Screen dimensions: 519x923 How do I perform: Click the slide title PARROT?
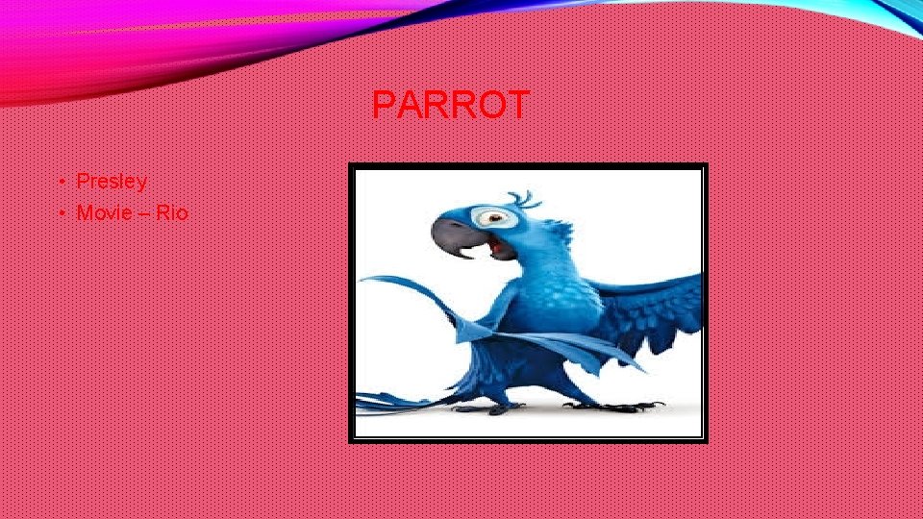tap(450, 106)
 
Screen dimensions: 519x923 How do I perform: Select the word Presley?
tap(112, 182)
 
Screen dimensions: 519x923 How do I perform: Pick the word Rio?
tap(172, 212)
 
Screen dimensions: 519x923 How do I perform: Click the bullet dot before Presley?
tap(60, 182)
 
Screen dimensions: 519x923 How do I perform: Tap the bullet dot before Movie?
tap(60, 213)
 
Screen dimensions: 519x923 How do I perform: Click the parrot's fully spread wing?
tap(654, 308)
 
